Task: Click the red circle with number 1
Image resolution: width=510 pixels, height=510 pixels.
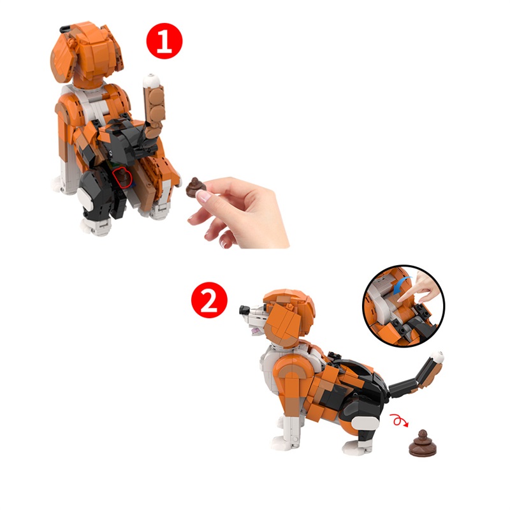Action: pos(164,41)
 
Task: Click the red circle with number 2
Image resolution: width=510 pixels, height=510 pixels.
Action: pos(209,300)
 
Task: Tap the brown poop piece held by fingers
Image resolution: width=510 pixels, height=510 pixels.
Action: pos(196,187)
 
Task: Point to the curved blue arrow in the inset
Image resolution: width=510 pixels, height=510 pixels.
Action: pos(402,284)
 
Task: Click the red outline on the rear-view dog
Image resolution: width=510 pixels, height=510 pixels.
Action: pos(122,178)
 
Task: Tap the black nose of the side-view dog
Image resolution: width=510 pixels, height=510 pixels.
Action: pos(244,310)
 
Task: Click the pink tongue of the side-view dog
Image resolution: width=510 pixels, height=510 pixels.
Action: pos(256,331)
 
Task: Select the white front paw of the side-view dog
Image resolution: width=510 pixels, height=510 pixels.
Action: pos(280,443)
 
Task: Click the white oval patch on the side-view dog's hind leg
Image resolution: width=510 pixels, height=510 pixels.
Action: pos(365,424)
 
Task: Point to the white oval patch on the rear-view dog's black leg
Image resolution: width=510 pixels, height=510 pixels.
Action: pos(86,198)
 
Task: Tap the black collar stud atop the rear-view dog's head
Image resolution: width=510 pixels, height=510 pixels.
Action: pos(66,28)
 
